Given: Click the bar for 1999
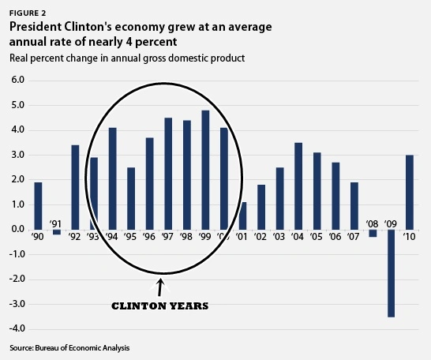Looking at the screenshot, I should [x=205, y=170].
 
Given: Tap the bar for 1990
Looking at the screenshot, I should [x=38, y=205].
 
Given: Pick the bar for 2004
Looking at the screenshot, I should [x=298, y=186].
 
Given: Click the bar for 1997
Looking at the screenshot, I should [x=167, y=174].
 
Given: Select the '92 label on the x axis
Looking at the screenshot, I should [x=75, y=236].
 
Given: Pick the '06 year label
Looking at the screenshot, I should [x=335, y=236].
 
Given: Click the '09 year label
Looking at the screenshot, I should [x=391, y=223].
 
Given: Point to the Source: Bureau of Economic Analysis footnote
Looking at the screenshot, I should [x=69, y=348].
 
